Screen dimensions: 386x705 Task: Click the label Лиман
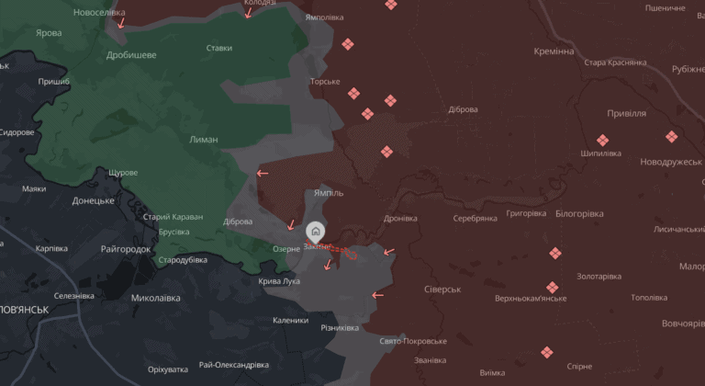(203, 140)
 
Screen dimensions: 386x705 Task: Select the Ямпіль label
(329, 194)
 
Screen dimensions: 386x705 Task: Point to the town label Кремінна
(554, 51)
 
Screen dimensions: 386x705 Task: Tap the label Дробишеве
(130, 55)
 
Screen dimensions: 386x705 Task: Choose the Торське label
(325, 82)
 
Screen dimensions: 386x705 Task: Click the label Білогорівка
(579, 213)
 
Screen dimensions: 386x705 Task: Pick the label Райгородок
(126, 249)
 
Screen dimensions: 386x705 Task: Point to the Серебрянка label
(475, 218)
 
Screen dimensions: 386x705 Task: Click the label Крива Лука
(279, 281)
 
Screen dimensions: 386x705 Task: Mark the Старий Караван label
(173, 218)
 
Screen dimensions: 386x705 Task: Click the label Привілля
(627, 113)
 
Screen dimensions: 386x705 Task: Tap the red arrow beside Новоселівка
(120, 23)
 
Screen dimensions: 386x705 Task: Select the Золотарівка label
(599, 277)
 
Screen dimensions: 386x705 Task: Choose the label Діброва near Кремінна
(462, 109)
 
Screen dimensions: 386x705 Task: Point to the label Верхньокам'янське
(530, 299)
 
